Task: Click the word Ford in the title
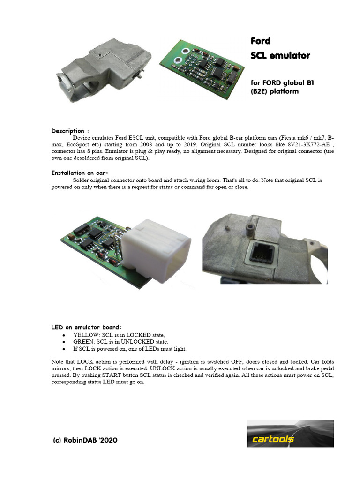[x=261, y=41]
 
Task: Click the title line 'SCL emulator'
[x=280, y=56]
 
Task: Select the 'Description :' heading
[x=70, y=131]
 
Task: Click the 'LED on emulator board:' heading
[x=86, y=327]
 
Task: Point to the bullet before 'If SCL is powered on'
[x=64, y=349]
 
